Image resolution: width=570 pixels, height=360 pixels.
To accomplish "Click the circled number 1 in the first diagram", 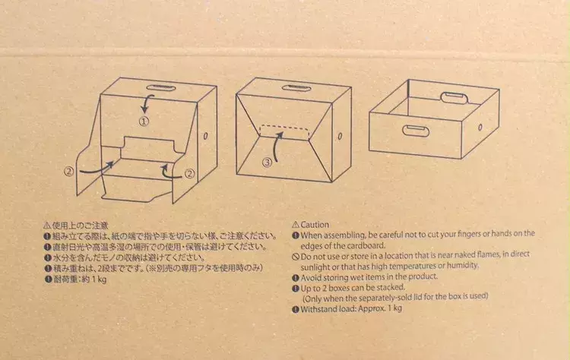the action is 144,122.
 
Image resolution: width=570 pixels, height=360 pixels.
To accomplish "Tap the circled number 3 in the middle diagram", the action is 268,163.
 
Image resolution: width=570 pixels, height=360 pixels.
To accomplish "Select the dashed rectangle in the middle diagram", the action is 285,133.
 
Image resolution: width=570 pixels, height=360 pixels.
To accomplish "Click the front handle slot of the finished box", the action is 416,131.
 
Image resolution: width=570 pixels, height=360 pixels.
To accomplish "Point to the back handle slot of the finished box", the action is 454,98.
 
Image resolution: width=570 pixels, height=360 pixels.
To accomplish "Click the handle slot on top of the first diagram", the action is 161,88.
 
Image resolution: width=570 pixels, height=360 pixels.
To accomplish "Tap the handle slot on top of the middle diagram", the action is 296,88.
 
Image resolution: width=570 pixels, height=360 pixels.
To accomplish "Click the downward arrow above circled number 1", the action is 147,104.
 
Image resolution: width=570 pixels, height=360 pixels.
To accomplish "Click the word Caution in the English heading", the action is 315,225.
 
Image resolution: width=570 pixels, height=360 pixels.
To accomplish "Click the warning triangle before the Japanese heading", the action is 47,226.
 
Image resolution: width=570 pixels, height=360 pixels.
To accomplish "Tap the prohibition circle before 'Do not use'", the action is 296,257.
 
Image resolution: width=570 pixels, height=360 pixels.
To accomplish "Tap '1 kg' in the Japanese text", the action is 99,279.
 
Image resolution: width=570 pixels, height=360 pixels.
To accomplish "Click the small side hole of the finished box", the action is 480,127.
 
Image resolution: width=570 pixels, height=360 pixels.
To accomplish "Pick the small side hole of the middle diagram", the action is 340,136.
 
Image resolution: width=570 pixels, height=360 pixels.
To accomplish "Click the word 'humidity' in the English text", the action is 462,266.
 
